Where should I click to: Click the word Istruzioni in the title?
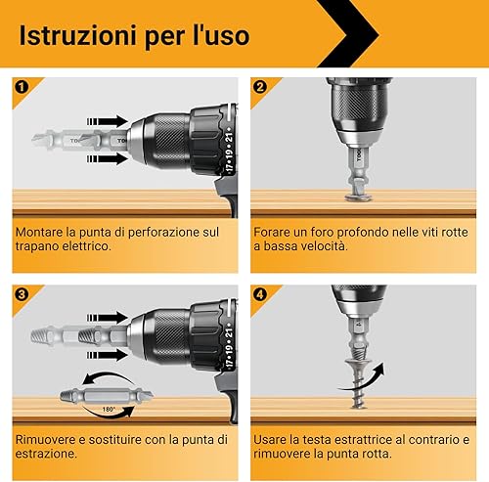[77, 35]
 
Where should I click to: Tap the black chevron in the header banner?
[349, 33]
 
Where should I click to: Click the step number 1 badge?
[22, 87]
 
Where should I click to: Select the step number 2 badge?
[260, 87]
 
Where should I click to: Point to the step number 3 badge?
[22, 294]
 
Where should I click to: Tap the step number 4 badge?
[260, 294]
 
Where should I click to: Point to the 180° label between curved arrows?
[109, 410]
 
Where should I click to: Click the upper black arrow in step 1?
[107, 121]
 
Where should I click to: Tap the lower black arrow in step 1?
[107, 158]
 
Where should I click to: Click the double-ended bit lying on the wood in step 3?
[107, 396]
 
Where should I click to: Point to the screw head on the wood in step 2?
[358, 197]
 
